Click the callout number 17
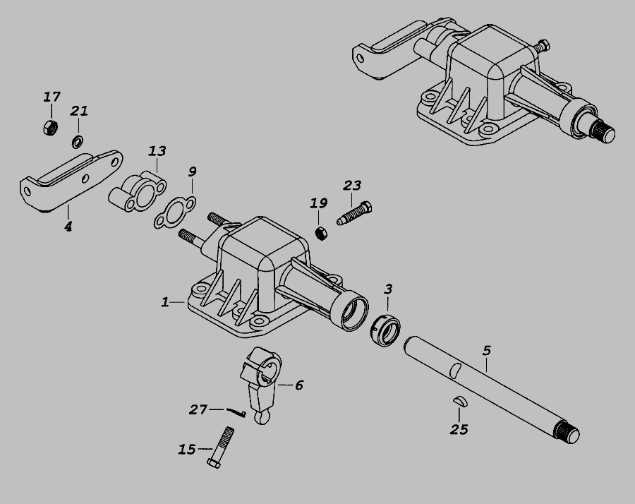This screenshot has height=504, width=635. pyautogui.click(x=52, y=97)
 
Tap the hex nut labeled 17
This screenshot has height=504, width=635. pyautogui.click(x=50, y=128)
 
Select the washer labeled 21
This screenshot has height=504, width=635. pyautogui.click(x=78, y=142)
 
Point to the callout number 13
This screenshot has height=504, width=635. pyautogui.click(x=157, y=151)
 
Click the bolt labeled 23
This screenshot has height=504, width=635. pyautogui.click(x=354, y=213)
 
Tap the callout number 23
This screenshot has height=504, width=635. pyautogui.click(x=352, y=186)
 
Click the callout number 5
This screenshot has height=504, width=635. pyautogui.click(x=487, y=350)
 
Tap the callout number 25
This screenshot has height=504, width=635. pyautogui.click(x=459, y=429)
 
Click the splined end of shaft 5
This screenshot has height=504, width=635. pyautogui.click(x=568, y=432)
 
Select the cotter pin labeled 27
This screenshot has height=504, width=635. pyautogui.click(x=236, y=412)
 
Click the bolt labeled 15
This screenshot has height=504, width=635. pyautogui.click(x=221, y=448)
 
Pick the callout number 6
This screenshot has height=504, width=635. pyautogui.click(x=299, y=385)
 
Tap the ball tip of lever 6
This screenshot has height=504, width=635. pyautogui.click(x=262, y=417)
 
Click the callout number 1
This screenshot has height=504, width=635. pyautogui.click(x=165, y=302)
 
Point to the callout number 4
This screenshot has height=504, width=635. pyautogui.click(x=68, y=227)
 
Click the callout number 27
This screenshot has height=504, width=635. pyautogui.click(x=198, y=409)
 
